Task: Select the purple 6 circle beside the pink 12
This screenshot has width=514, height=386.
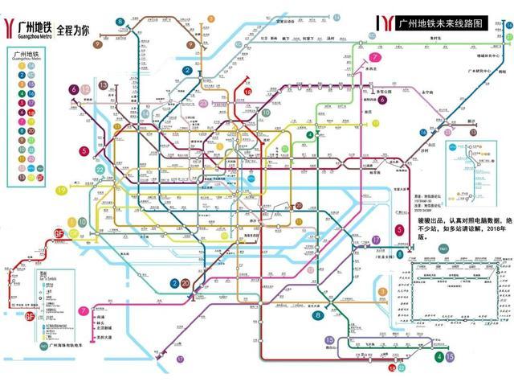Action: point(74,89)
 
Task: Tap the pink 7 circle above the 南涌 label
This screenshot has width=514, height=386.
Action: point(84,310)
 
